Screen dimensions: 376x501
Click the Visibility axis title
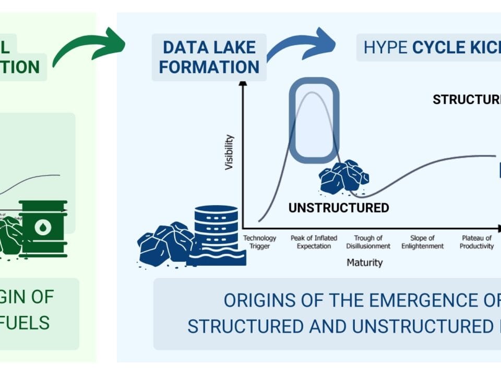[229, 152]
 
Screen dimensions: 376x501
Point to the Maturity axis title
[365, 263]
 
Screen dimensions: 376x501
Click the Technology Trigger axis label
[260, 242]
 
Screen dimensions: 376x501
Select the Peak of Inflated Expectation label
[311, 242]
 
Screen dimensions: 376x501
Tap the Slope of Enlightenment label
[423, 242]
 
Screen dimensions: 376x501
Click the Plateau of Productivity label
[477, 242]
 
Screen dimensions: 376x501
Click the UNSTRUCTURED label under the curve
[339, 208]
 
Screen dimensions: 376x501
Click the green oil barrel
[43, 228]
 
